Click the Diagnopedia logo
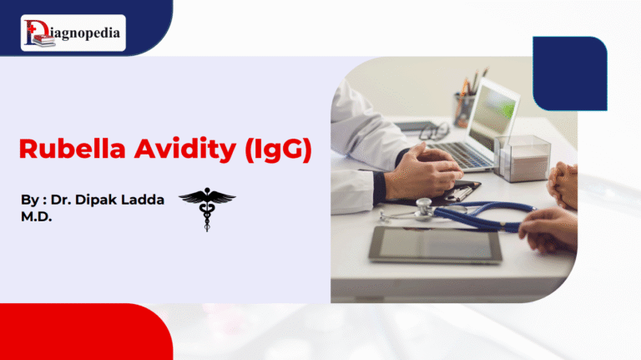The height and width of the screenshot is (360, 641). pyautogui.click(x=73, y=33)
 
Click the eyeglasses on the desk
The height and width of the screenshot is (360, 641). pyautogui.click(x=432, y=131)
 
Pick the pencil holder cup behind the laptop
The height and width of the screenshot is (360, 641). pyautogui.click(x=465, y=109)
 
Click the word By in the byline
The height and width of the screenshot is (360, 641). pyautogui.click(x=29, y=201)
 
